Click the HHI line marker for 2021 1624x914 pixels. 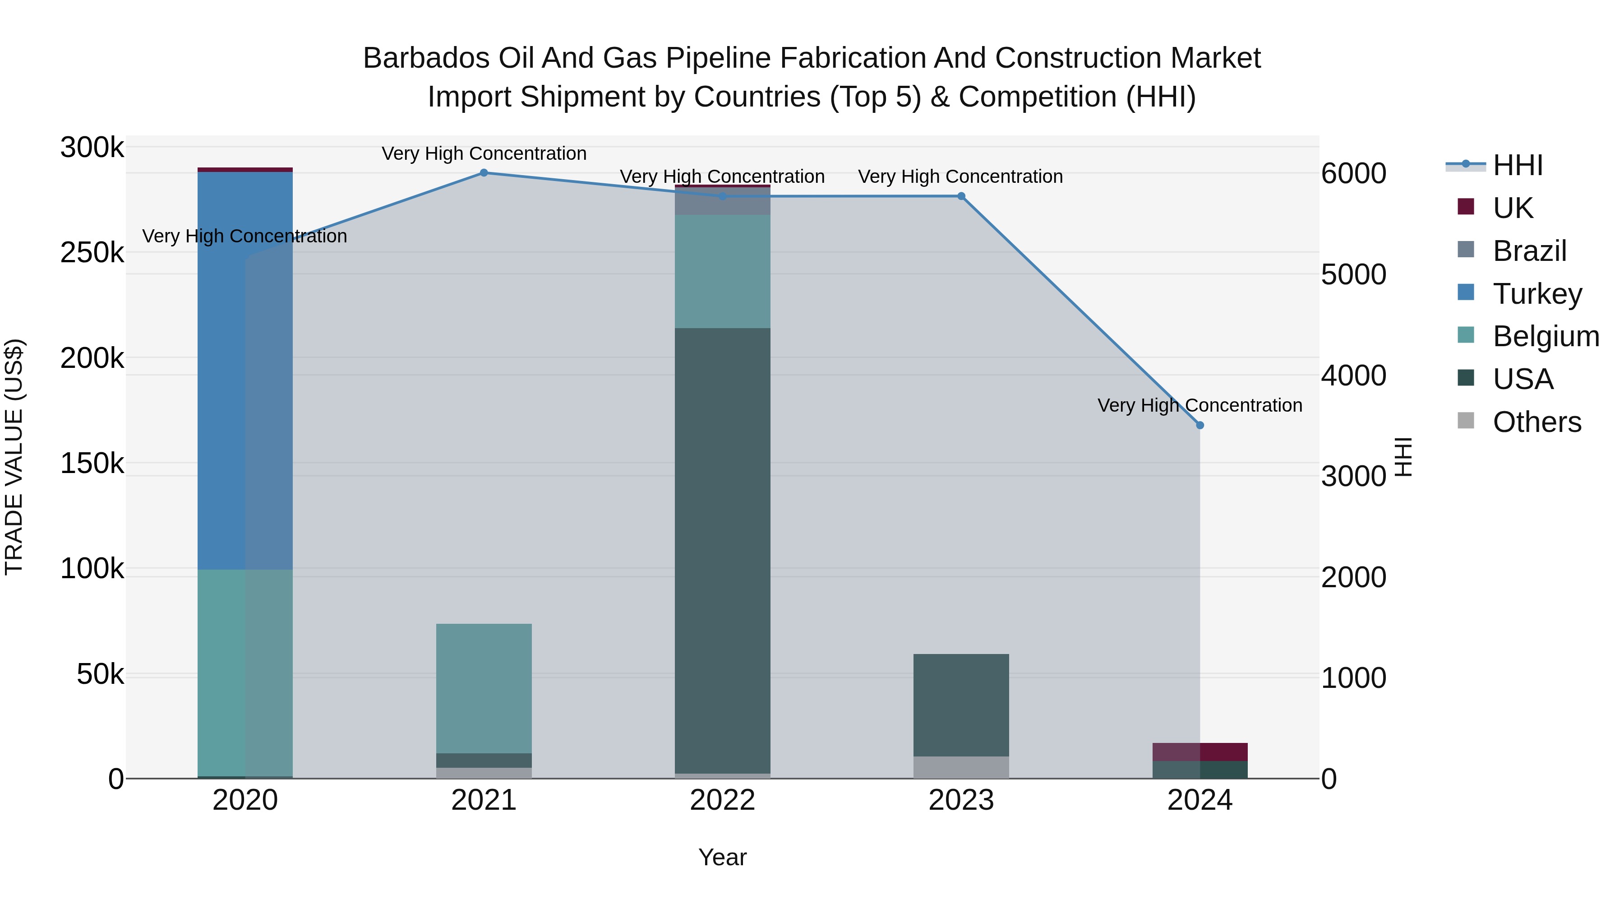point(484,173)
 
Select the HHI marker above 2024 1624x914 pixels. point(1200,426)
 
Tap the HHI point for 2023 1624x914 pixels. point(961,196)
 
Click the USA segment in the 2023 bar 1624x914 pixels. point(961,705)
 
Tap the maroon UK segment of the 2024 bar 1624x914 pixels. point(1200,752)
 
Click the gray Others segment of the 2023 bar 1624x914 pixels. point(961,767)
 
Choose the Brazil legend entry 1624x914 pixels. point(1529,251)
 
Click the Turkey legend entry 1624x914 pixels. point(1536,294)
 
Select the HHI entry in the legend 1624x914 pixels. point(1518,165)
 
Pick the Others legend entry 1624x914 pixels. point(1536,422)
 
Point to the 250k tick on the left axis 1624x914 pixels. point(92,253)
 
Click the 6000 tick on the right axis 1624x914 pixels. point(1353,173)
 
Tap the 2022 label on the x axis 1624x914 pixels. point(723,800)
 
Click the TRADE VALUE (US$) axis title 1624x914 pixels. point(14,457)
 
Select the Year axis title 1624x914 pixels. point(723,857)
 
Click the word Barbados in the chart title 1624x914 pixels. point(426,58)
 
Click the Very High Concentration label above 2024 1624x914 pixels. point(1200,405)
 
